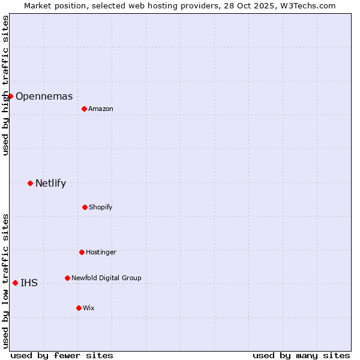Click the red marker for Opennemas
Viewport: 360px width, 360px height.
(x=10, y=96)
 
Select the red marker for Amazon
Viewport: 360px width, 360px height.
(x=84, y=109)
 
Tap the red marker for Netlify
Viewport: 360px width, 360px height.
(x=30, y=183)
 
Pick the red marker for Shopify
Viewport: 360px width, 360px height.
(x=85, y=207)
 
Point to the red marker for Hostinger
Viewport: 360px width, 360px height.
(x=82, y=252)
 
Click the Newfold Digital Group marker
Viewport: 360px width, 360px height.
(x=67, y=278)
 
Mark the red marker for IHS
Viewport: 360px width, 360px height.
(x=15, y=283)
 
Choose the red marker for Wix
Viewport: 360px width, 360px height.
(x=79, y=308)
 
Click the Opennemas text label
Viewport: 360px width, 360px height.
(x=44, y=96)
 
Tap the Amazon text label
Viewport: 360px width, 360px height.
(x=101, y=109)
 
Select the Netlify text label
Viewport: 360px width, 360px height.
(x=50, y=183)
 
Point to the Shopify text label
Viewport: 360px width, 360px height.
(x=101, y=207)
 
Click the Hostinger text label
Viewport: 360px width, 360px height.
(x=101, y=252)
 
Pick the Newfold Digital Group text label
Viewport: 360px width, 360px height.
(x=106, y=278)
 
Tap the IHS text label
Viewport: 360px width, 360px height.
(x=29, y=283)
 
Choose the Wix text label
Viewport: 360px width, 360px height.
(x=89, y=308)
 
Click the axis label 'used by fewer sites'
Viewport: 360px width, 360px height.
(x=62, y=355)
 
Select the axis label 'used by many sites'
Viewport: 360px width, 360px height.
(x=301, y=355)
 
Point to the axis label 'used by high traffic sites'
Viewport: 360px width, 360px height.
(x=5, y=85)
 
